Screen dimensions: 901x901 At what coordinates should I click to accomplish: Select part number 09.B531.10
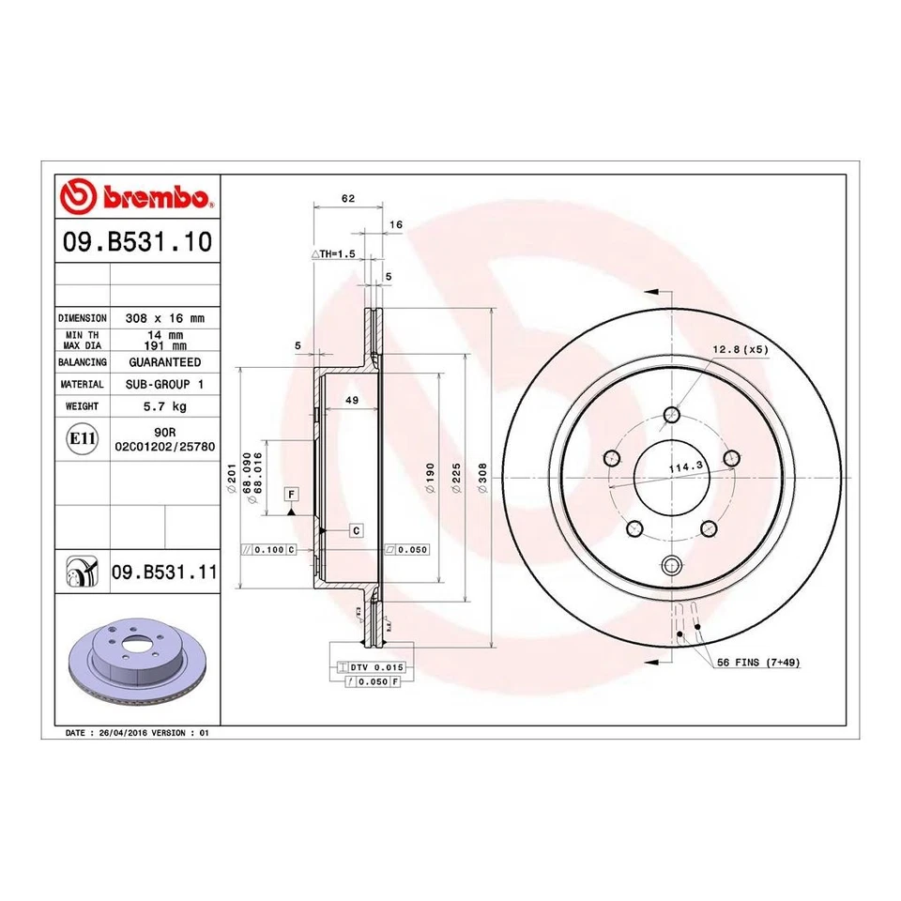click(136, 244)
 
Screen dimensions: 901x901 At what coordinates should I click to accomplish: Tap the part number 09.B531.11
click(164, 571)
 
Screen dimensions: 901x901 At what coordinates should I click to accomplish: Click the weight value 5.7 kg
click(164, 406)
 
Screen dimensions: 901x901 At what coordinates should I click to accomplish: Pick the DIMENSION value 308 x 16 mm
click(164, 318)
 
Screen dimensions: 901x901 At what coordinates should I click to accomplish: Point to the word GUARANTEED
click(164, 361)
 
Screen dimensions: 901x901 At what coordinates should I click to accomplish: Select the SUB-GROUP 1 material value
click(164, 384)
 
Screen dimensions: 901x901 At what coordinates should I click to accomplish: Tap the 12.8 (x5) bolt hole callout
click(740, 349)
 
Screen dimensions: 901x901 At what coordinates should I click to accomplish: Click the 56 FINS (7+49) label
click(758, 663)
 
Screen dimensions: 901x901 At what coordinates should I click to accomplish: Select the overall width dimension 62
click(347, 198)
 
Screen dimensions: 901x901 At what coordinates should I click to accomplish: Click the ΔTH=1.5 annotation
click(333, 254)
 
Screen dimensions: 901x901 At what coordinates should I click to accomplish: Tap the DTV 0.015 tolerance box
click(376, 666)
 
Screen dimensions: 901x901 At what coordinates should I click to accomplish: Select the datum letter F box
click(292, 494)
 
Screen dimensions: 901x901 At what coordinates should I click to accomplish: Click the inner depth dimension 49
click(353, 401)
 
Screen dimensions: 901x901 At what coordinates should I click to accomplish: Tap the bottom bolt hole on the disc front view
click(671, 564)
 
